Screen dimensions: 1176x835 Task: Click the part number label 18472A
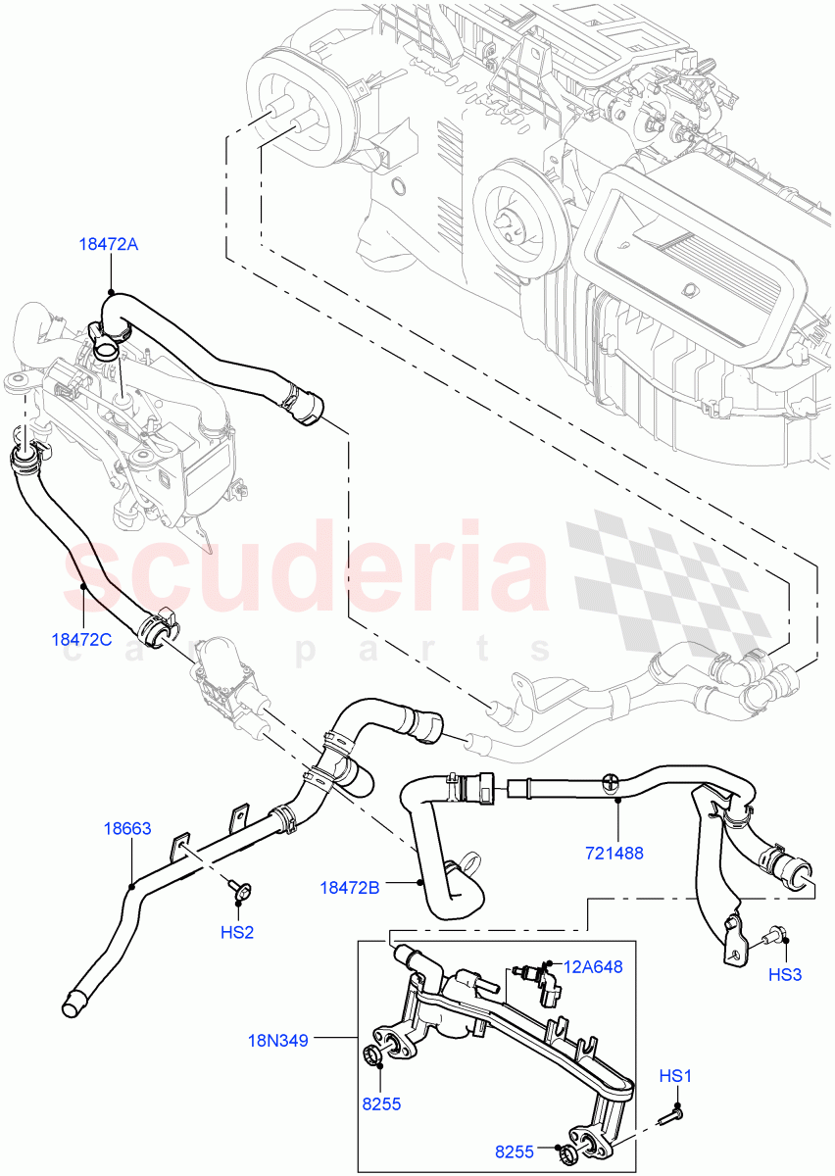109,245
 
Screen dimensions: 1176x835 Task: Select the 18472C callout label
81,639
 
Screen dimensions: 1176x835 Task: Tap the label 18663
127,828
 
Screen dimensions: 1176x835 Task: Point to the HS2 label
237,932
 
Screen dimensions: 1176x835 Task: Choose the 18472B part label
349,887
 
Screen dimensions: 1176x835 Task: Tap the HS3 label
784,974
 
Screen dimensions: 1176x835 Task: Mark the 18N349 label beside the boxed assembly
278,1041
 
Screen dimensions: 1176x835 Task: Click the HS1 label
675,1076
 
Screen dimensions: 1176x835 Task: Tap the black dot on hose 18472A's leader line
111,291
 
